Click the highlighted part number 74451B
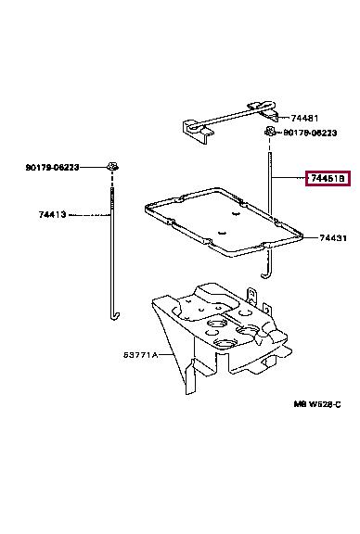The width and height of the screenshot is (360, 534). click(x=328, y=177)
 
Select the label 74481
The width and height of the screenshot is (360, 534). click(x=303, y=118)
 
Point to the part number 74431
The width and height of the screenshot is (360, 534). click(x=333, y=238)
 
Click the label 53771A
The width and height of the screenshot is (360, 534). click(x=143, y=355)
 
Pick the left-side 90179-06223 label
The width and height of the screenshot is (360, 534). click(x=52, y=167)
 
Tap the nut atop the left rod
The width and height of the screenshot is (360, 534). click(x=111, y=167)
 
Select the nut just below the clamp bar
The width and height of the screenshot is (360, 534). click(x=269, y=134)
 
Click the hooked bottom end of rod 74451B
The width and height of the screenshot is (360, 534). click(x=264, y=270)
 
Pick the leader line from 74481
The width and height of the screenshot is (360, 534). click(x=284, y=119)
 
